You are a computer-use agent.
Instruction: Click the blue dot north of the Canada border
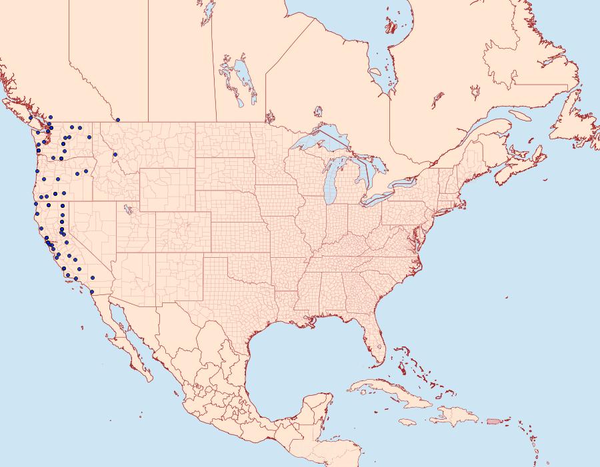pyautogui.click(x=118, y=120)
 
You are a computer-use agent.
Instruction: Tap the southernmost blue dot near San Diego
pyautogui.click(x=91, y=291)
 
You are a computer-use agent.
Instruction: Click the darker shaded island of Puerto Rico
pyautogui.click(x=493, y=420)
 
